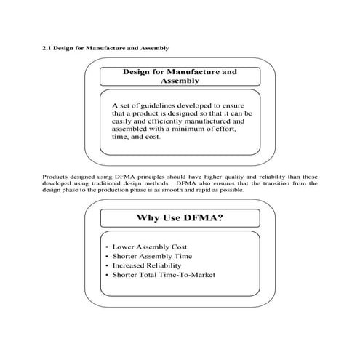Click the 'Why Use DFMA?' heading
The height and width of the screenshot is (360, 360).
click(x=179, y=217)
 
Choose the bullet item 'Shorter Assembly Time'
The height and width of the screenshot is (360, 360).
click(x=152, y=257)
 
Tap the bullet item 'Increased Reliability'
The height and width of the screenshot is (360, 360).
click(x=149, y=266)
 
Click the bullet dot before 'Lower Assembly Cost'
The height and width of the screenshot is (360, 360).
click(x=107, y=247)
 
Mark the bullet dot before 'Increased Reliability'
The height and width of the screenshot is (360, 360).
click(x=107, y=266)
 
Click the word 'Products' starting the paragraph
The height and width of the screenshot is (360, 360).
click(x=55, y=177)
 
